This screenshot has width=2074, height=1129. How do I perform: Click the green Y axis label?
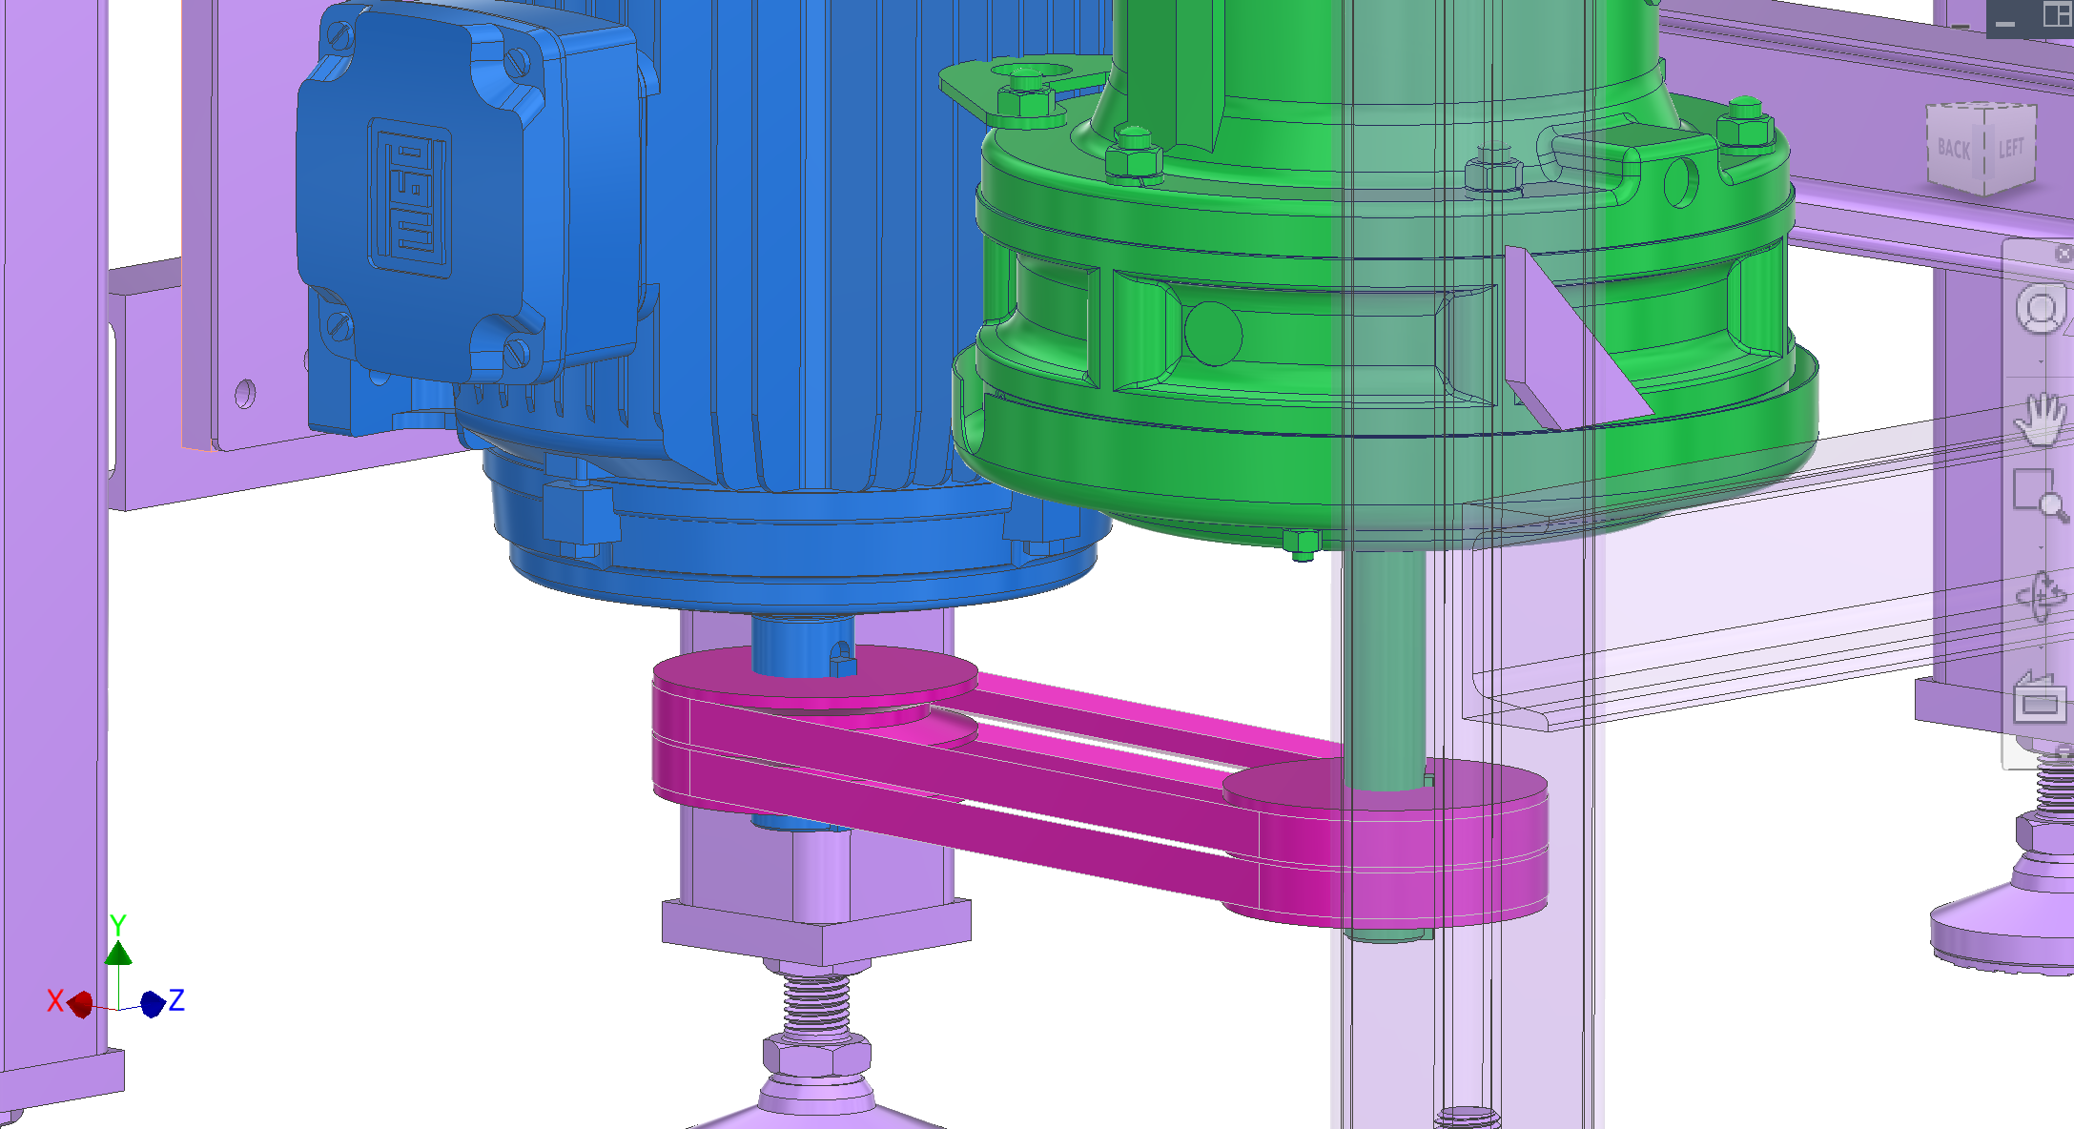pos(117,924)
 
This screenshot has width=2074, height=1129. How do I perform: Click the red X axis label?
pos(55,1000)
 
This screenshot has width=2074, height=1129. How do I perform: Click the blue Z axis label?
pos(176,999)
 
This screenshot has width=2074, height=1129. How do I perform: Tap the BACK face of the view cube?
pos(1953,149)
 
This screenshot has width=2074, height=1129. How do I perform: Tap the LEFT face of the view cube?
pos(2011,147)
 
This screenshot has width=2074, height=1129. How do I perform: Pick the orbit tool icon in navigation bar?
pos(2040,596)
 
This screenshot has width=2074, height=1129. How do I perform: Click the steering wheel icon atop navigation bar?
pos(2040,310)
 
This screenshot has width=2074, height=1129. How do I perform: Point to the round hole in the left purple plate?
pos(245,393)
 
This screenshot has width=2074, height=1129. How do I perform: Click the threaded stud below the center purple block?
pos(816,1005)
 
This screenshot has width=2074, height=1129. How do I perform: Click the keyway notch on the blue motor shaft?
pos(841,659)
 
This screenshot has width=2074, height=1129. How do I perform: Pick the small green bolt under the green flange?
pos(1302,544)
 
